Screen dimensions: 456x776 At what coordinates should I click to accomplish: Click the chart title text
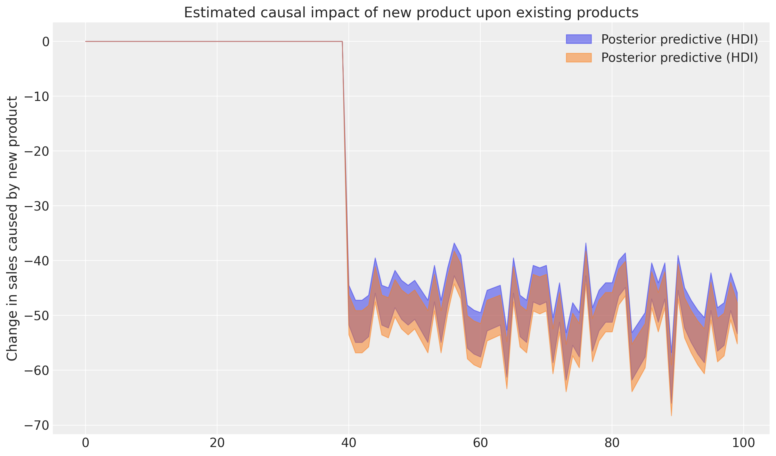click(411, 13)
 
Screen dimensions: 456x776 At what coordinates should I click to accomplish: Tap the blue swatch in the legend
click(578, 39)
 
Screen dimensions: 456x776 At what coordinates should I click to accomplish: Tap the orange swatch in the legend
click(578, 58)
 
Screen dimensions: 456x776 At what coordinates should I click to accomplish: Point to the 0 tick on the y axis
click(45, 42)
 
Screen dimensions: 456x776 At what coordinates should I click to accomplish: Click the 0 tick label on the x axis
click(86, 443)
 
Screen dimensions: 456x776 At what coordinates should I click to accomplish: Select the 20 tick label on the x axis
click(217, 443)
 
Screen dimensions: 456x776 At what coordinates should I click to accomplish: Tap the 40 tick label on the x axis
click(349, 443)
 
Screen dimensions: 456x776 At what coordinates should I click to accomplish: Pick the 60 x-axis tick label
click(480, 443)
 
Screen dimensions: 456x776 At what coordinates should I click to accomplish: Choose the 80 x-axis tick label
click(612, 443)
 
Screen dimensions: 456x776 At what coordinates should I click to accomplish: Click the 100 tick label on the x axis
click(743, 443)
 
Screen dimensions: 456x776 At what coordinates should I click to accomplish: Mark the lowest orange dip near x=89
click(671, 415)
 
